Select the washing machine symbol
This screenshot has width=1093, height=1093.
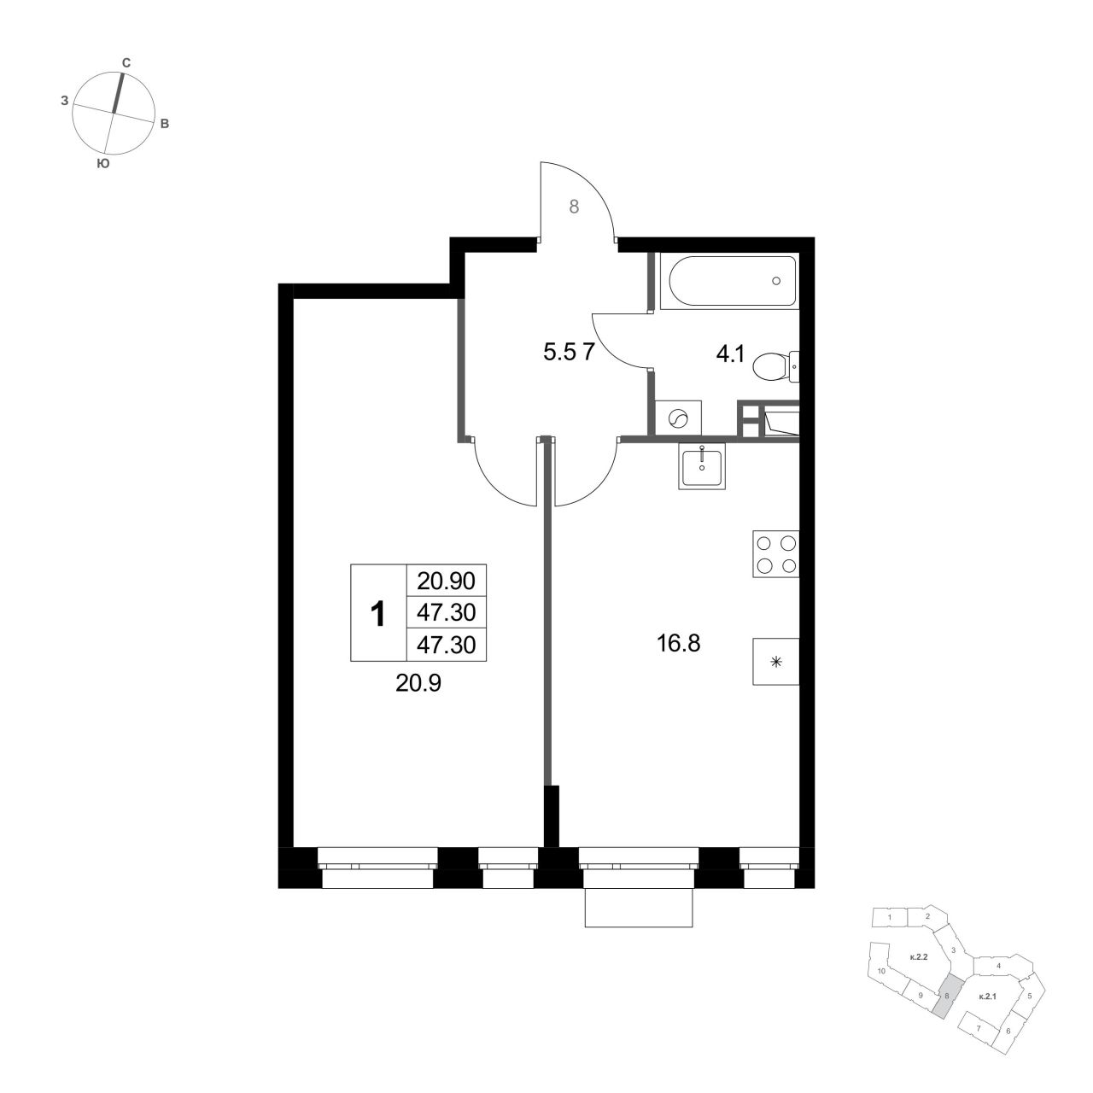coord(678,419)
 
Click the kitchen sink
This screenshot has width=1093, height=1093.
coord(702,465)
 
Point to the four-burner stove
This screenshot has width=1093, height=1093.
coord(775,554)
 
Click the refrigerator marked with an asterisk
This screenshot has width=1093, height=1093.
coord(775,662)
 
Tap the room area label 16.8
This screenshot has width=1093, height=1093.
coord(678,644)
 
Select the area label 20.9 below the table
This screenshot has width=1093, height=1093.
coord(418,684)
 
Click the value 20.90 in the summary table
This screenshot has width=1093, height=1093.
coord(447,581)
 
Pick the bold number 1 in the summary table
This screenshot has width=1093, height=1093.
coord(377,614)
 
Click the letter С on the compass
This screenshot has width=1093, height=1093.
coord(126,63)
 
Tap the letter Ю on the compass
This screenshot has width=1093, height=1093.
coord(102,164)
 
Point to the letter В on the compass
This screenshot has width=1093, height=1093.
coord(165,124)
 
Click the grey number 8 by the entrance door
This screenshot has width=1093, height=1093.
coord(574,207)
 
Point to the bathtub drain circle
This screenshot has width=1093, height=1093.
coord(776,281)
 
